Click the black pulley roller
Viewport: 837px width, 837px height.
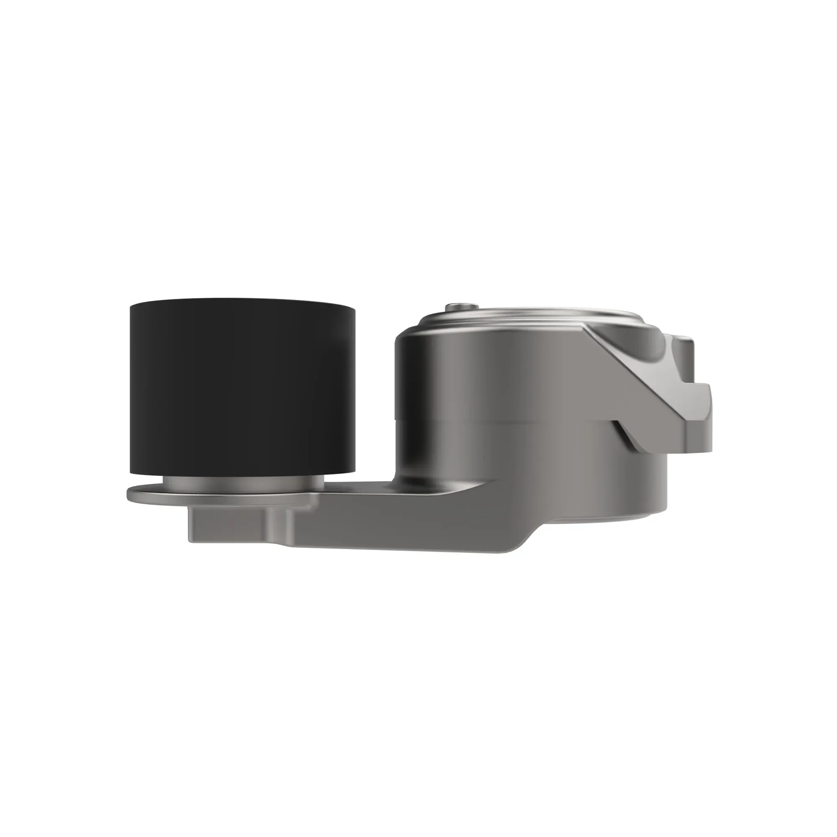tap(243, 385)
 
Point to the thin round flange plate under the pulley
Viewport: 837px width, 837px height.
tap(147, 494)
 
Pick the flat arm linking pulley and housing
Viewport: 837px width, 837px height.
tap(390, 520)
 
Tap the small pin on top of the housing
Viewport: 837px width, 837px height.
tap(462, 306)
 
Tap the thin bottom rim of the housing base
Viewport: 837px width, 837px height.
tap(606, 518)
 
